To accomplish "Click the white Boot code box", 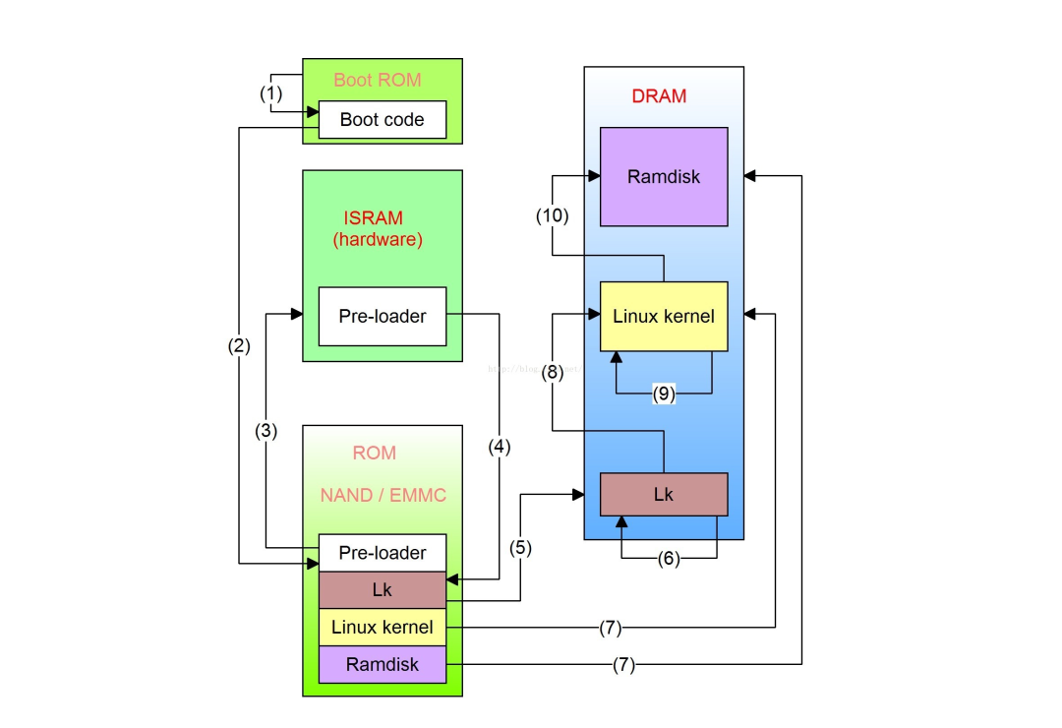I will point(383,120).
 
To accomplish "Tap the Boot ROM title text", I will point(378,80).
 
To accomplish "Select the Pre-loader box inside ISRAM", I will point(383,317).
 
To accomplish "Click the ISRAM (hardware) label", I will point(378,228).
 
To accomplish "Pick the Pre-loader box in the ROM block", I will point(383,553).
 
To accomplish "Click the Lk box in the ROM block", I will point(383,590).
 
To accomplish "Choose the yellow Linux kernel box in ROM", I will point(383,627).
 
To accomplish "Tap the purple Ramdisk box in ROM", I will point(383,664).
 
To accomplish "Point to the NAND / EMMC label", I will point(383,495).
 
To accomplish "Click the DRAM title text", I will point(659,96).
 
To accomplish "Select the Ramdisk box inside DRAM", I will point(664,177).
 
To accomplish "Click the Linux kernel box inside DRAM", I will point(664,317).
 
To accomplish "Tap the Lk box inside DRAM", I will point(664,494).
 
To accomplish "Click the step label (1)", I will point(270,93).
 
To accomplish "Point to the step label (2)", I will point(239,345).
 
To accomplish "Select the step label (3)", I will point(267,430).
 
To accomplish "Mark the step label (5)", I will point(520,548).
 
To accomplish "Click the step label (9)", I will point(665,394).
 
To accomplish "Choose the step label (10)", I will point(552,215).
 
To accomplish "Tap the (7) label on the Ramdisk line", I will point(623,665).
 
